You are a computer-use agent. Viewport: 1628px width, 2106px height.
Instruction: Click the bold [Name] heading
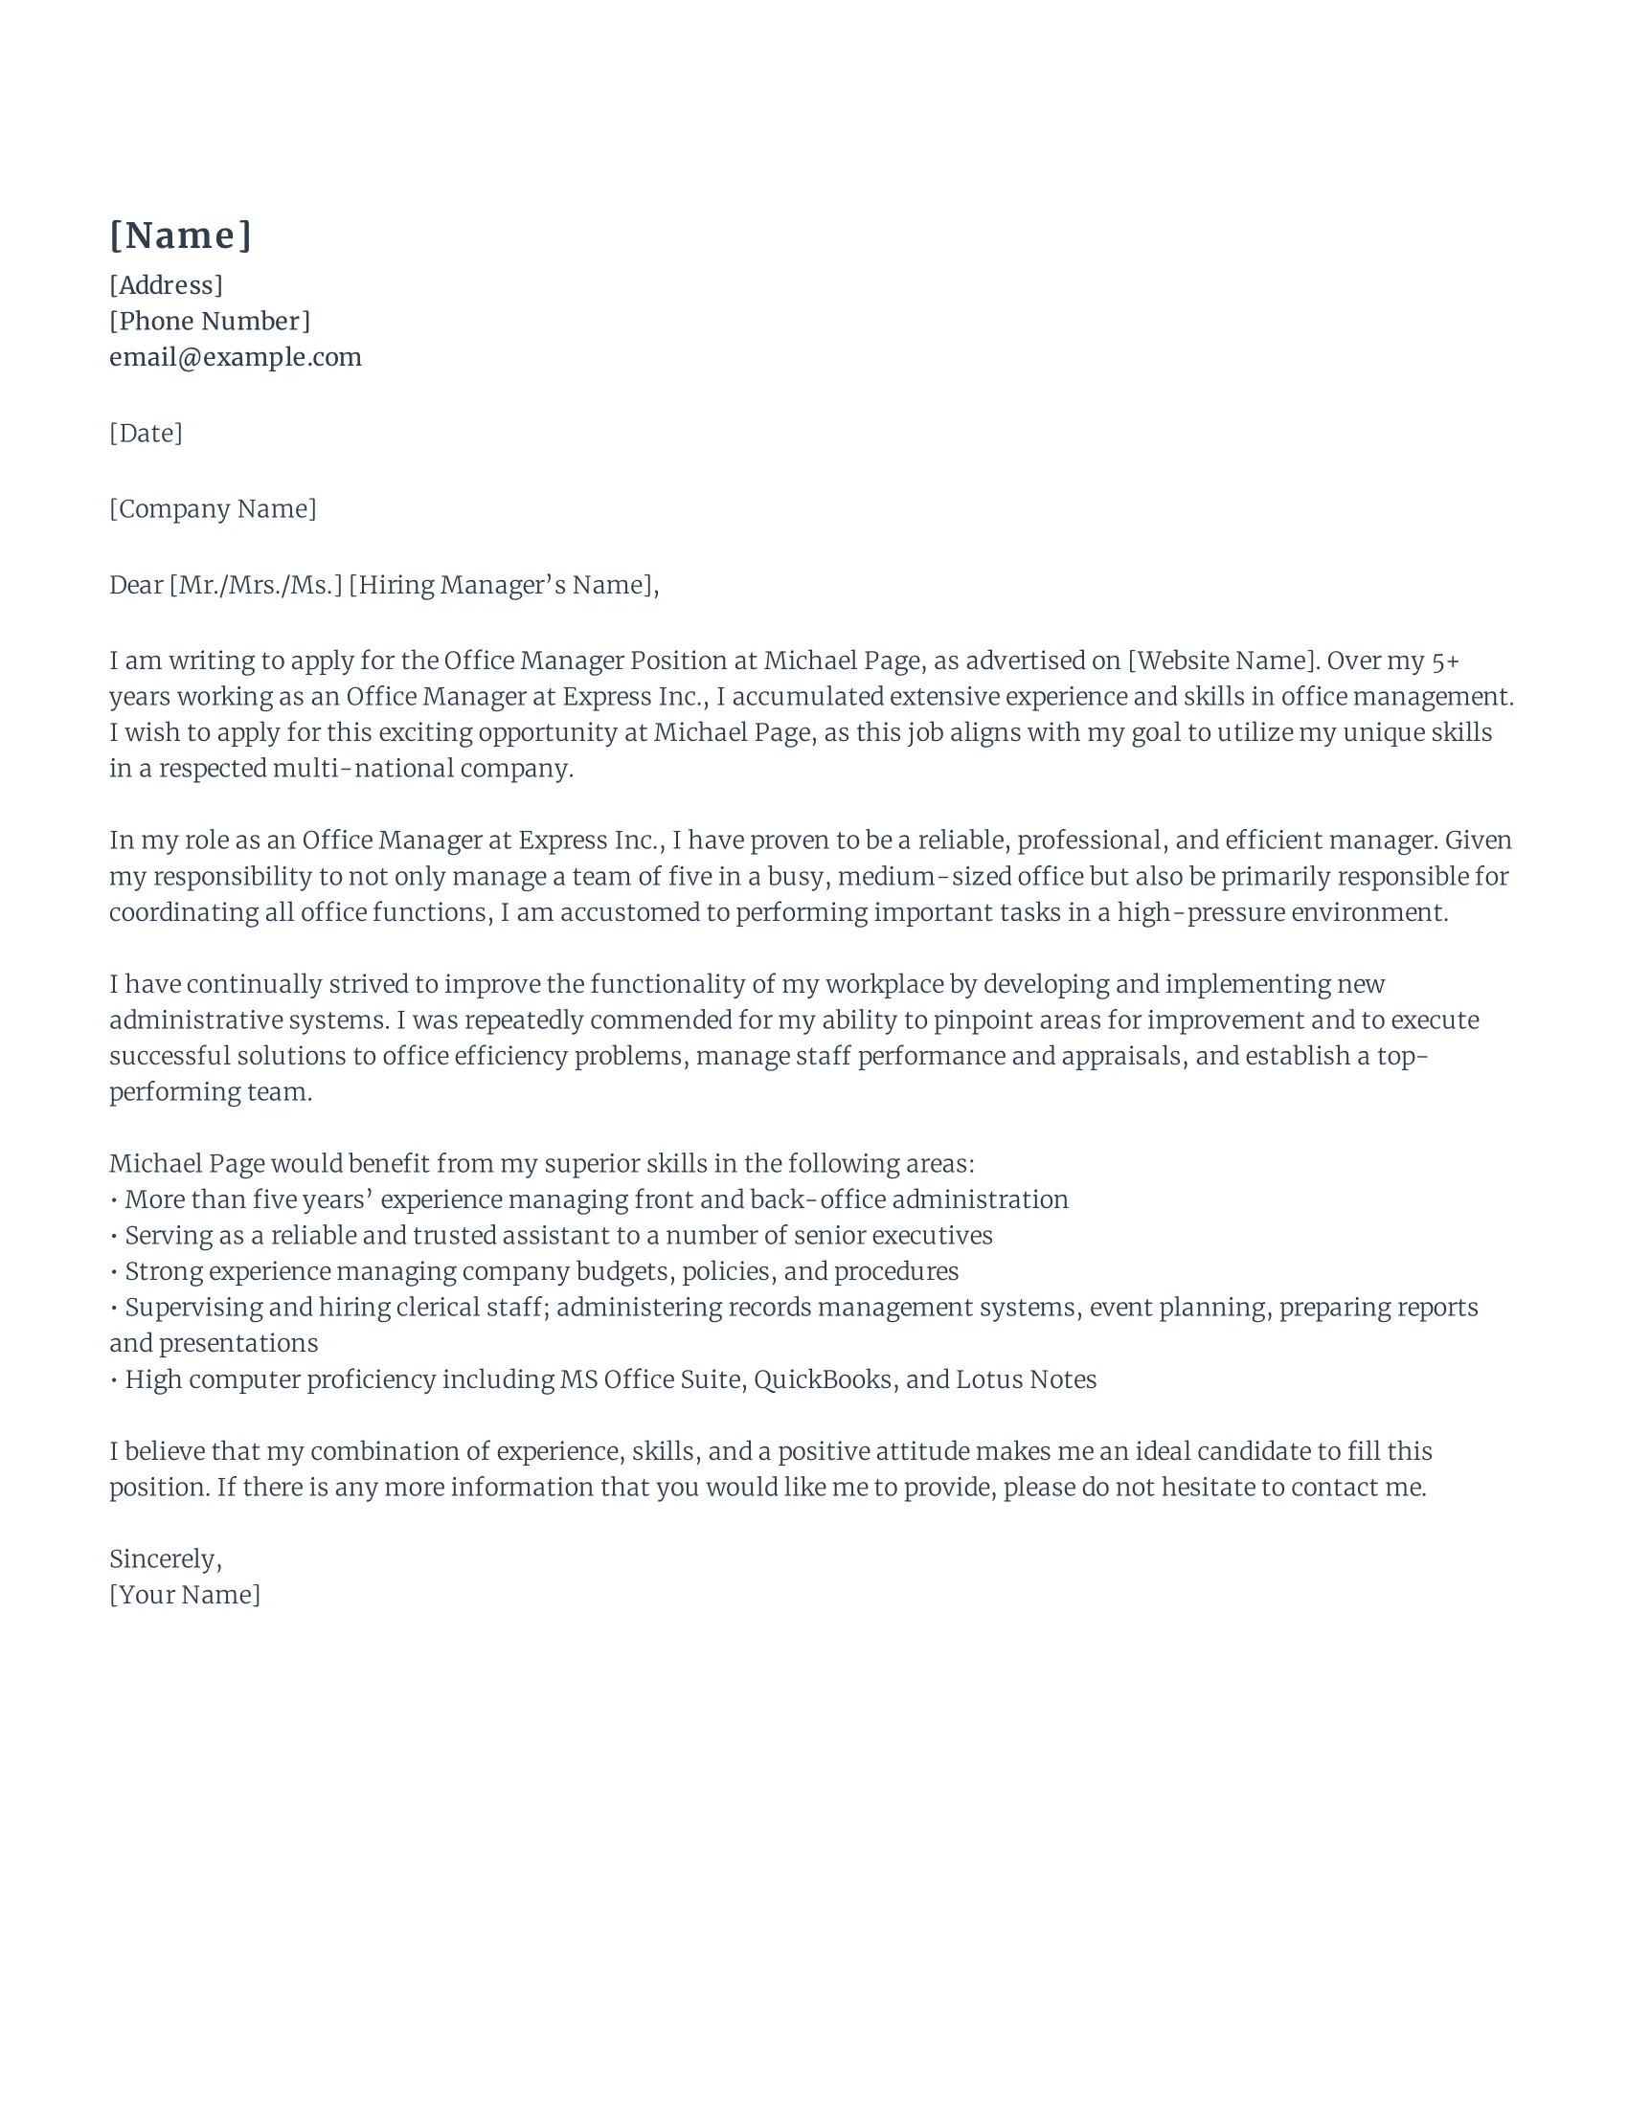(x=180, y=235)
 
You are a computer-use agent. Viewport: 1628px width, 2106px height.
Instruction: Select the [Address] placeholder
(x=166, y=285)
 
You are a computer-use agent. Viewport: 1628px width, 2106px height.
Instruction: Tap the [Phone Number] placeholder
(x=210, y=321)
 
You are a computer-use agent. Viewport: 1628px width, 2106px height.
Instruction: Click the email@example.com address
(x=236, y=358)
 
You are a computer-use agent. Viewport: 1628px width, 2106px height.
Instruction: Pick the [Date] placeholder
(x=146, y=433)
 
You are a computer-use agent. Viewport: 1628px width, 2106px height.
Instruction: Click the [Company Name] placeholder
(x=213, y=509)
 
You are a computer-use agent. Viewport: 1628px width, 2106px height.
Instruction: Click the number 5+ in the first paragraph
(x=1445, y=661)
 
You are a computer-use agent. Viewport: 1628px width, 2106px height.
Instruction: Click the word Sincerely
(x=164, y=1559)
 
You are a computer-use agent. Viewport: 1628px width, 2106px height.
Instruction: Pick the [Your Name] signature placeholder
(x=184, y=1595)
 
